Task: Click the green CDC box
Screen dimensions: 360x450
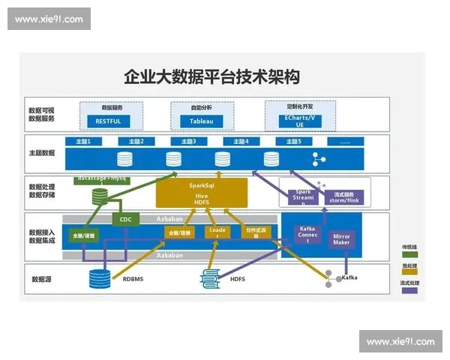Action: pos(124,220)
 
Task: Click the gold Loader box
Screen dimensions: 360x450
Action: pos(217,233)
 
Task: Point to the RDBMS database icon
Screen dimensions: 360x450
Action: pos(99,278)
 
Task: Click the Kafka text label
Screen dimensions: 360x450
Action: pos(349,278)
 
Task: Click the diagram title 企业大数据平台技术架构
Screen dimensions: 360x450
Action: pos(211,76)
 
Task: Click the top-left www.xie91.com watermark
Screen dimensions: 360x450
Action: pos(49,19)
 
